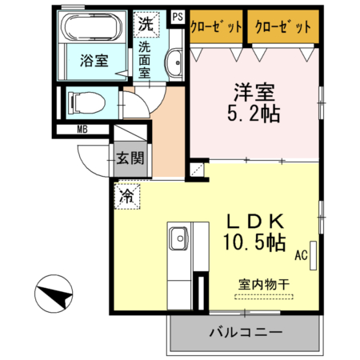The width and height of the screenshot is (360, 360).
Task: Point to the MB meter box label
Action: click(82, 129)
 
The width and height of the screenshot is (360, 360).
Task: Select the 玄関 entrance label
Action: click(129, 157)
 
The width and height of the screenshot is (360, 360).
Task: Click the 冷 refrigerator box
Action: click(127, 194)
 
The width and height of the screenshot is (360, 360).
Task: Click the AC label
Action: click(301, 256)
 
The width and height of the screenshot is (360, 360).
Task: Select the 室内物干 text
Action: click(263, 283)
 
